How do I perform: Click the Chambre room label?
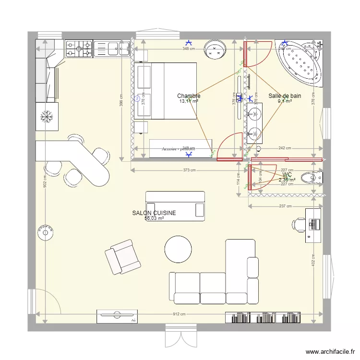[189, 96]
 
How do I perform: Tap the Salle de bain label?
[285, 96]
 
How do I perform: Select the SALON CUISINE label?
[154, 213]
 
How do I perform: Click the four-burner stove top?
[79, 48]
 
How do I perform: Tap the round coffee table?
[179, 249]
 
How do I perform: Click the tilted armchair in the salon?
[123, 257]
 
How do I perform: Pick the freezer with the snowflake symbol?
[47, 117]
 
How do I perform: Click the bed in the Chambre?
[167, 91]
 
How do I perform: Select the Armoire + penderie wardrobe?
[180, 148]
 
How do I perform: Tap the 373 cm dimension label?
[189, 170]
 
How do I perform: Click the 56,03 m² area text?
[154, 218]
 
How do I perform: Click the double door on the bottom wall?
[180, 336]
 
